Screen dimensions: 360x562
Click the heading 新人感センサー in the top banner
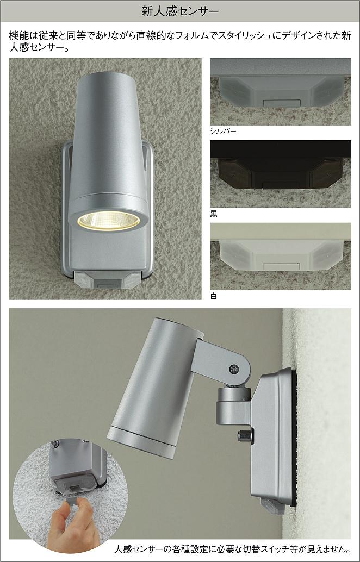180,11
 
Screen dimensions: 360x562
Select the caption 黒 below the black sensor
214,214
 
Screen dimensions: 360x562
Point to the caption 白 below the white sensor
214,297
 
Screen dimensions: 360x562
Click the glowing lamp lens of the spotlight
108,221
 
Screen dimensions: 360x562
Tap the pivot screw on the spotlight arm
234,368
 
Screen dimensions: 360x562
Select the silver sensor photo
281,92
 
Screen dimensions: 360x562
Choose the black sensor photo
281,174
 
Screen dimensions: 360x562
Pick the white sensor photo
281,256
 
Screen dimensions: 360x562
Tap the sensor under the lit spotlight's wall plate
107,280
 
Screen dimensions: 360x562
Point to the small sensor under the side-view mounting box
272,505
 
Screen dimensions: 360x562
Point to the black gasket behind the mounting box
294,438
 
